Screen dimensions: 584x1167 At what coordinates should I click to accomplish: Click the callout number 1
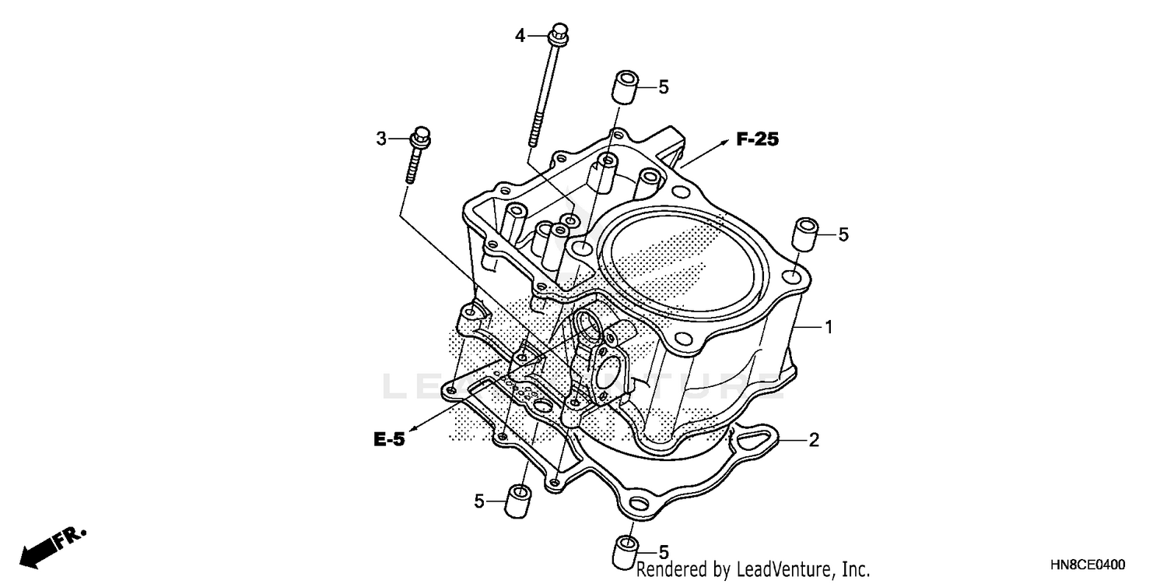(829, 328)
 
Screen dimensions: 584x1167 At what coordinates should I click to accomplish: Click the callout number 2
(814, 441)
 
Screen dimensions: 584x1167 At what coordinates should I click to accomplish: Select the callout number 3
(381, 139)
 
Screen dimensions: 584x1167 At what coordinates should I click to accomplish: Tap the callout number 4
(520, 34)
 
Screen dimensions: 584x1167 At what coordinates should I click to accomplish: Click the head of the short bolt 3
(420, 137)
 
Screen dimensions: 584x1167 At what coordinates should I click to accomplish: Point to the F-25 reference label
(757, 140)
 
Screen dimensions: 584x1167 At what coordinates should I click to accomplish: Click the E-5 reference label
(388, 440)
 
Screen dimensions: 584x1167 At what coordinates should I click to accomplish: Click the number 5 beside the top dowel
(664, 87)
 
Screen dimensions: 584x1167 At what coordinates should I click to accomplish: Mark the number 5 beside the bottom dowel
(664, 551)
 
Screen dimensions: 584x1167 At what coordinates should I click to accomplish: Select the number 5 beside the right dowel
(843, 234)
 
